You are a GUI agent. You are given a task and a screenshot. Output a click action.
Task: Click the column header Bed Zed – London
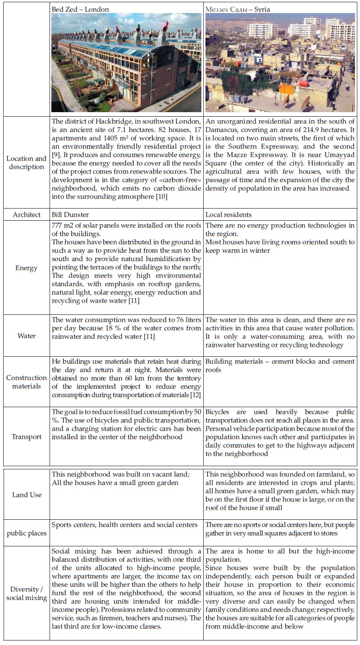click(x=80, y=9)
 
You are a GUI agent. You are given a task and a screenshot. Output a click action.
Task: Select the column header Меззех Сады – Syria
click(x=238, y=9)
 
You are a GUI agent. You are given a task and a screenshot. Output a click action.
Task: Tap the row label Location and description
click(x=26, y=163)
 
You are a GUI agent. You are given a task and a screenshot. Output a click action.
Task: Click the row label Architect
click(x=26, y=215)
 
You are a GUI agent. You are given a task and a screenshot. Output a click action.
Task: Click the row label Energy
click(x=26, y=268)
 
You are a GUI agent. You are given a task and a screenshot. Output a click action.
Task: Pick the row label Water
click(x=26, y=336)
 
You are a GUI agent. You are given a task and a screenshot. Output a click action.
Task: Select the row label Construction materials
click(x=26, y=382)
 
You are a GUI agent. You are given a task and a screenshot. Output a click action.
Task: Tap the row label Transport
click(x=26, y=436)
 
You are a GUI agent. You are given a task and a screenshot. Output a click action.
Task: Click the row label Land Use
click(x=26, y=495)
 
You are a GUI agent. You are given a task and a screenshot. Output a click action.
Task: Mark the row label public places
click(x=26, y=533)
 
